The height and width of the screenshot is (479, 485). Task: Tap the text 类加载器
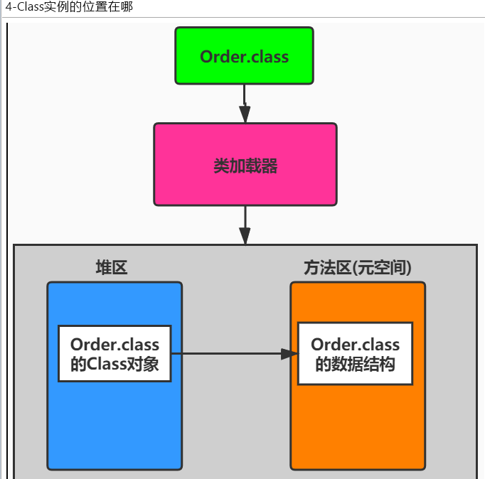(245, 166)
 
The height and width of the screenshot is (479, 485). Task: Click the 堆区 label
(112, 267)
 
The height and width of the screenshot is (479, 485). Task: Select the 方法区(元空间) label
(358, 267)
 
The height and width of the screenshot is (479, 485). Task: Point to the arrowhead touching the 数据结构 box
(289, 353)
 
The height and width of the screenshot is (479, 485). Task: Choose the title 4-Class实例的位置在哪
(68, 7)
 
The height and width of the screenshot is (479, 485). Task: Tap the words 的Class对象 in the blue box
(114, 365)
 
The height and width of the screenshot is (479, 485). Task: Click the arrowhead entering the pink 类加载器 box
(245, 114)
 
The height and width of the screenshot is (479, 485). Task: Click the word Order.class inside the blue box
(114, 345)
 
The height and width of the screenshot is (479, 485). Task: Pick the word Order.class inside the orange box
(355, 345)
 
